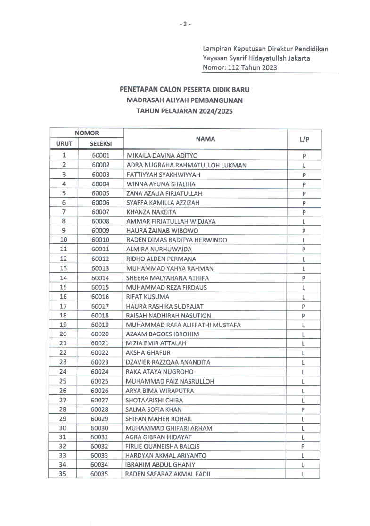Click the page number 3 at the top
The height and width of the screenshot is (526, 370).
pyautogui.click(x=185, y=24)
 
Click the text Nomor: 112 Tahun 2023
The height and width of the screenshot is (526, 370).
pyautogui.click(x=239, y=67)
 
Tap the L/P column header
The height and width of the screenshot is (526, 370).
pyautogui.click(x=304, y=139)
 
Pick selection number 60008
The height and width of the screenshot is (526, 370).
pyautogui.click(x=100, y=221)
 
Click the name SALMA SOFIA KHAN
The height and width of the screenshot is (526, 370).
pyautogui.click(x=153, y=409)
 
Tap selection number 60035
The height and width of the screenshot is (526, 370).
pyautogui.click(x=99, y=474)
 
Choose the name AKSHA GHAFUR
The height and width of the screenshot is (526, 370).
pyautogui.click(x=148, y=353)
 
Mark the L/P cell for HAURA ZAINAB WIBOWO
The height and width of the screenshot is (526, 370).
pyautogui.click(x=304, y=231)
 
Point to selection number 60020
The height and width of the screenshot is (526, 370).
pyautogui.click(x=100, y=334)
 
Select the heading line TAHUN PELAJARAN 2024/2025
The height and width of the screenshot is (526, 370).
pyautogui.click(x=184, y=111)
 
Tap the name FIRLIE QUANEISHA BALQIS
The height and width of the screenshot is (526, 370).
pyautogui.click(x=162, y=446)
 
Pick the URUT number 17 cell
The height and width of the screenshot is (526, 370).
pyautogui.click(x=63, y=306)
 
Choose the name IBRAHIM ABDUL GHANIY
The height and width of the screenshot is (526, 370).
pyautogui.click(x=160, y=465)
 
